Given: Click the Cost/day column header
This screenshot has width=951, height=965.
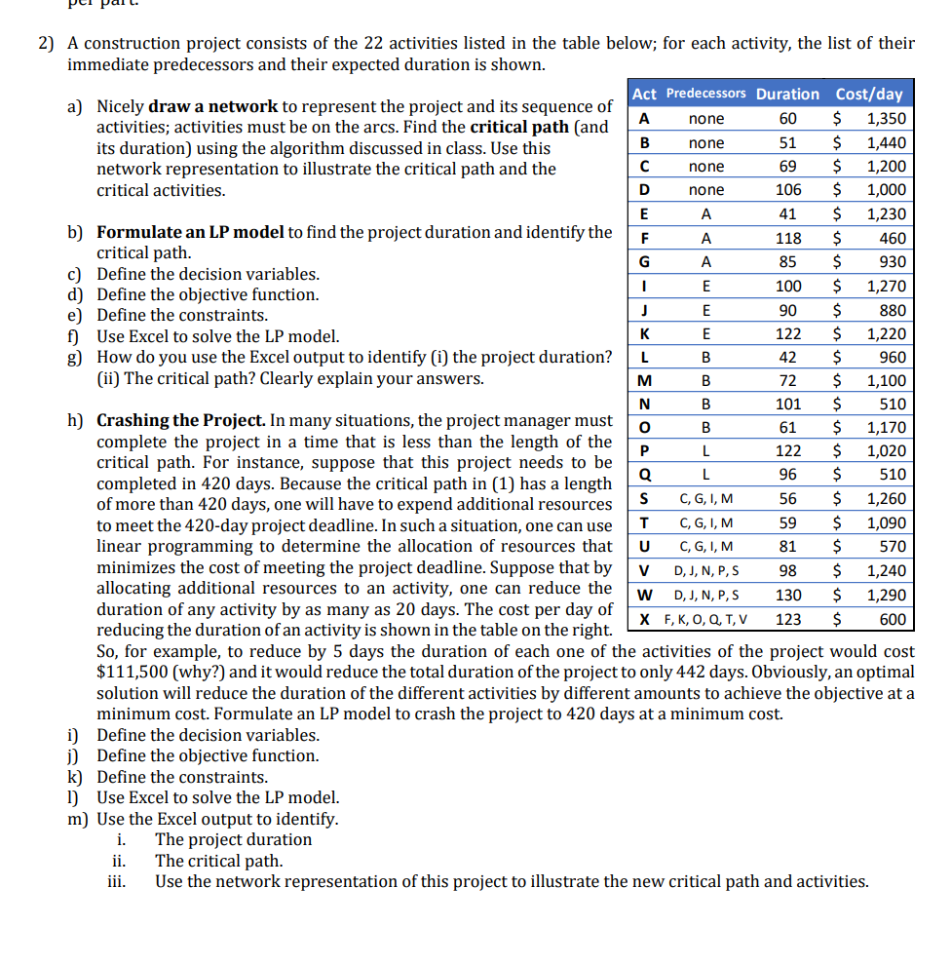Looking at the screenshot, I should click(x=869, y=95).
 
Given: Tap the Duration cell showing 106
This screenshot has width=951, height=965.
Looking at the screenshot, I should click(x=787, y=190).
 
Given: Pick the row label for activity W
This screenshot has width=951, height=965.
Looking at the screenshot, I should click(x=643, y=595).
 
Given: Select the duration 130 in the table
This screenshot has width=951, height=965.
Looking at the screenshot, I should click(x=787, y=595).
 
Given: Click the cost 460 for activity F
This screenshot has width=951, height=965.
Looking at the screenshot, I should click(x=892, y=238).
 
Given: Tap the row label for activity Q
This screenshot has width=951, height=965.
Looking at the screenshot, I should click(x=643, y=475).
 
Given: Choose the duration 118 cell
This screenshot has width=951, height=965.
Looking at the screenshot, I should click(x=787, y=238).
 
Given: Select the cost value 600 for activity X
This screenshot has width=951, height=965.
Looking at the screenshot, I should click(x=892, y=619).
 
